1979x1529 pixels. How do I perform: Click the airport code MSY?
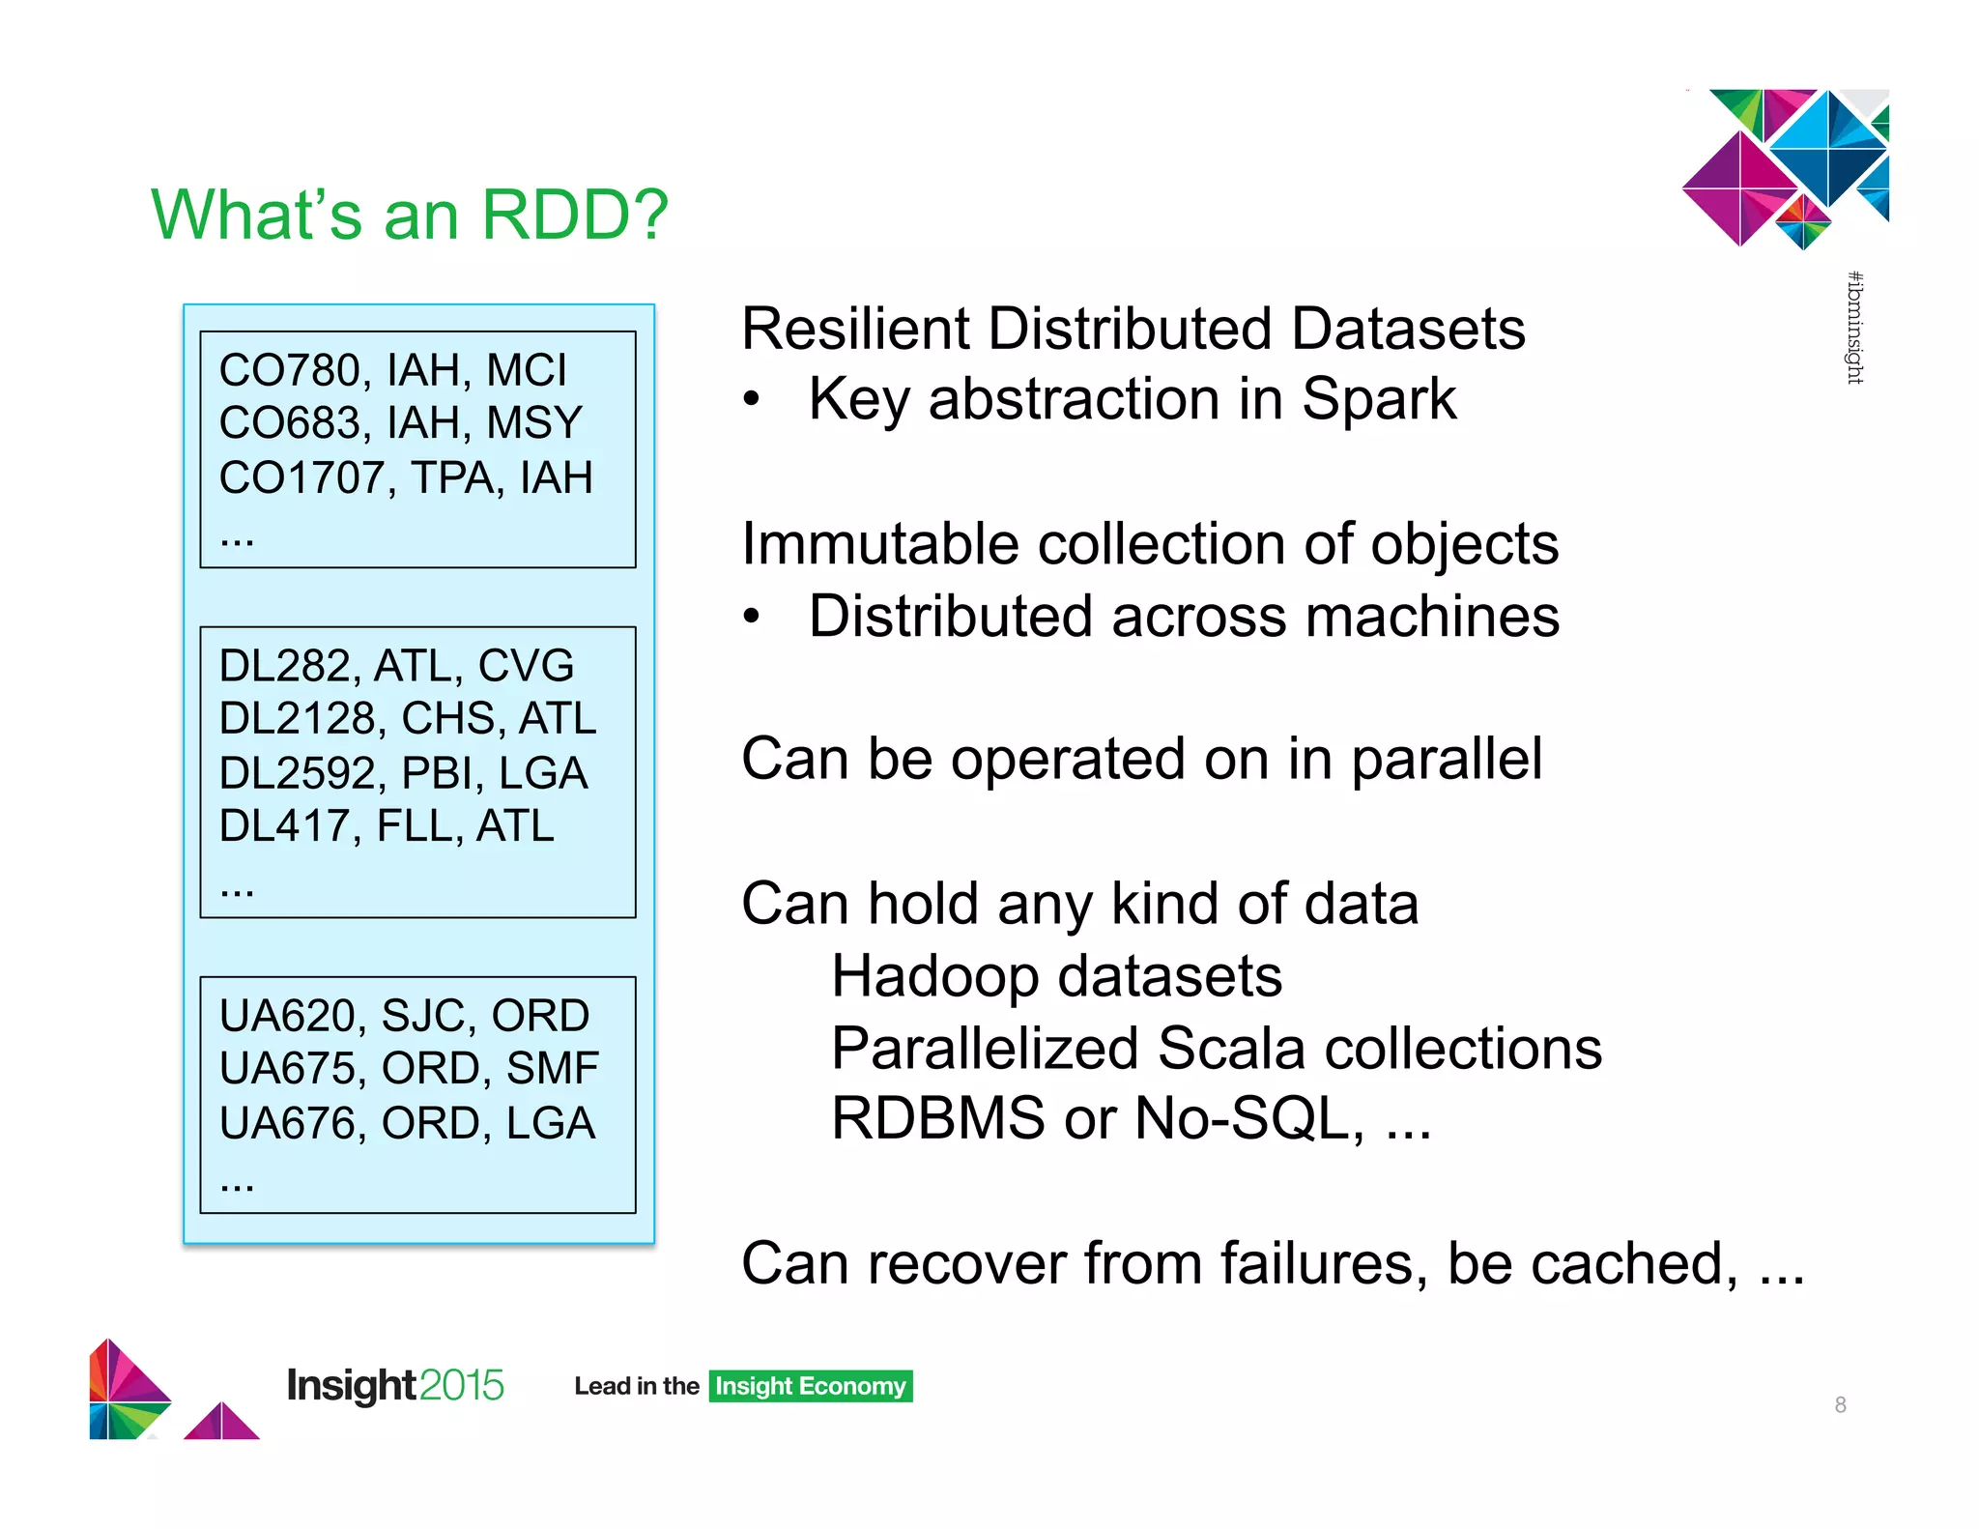coord(534,423)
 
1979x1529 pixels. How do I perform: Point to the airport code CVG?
coord(526,666)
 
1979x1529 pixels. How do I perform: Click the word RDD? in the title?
coord(575,215)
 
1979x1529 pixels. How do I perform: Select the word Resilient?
coord(854,330)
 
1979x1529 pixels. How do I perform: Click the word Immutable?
coord(879,544)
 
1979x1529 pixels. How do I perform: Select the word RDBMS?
coord(937,1119)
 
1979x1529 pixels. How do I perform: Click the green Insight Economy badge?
coord(810,1386)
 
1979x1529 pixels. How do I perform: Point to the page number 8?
coord(1840,1405)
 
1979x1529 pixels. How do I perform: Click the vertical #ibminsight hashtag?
coord(1854,328)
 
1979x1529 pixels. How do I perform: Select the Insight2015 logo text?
coord(394,1386)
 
